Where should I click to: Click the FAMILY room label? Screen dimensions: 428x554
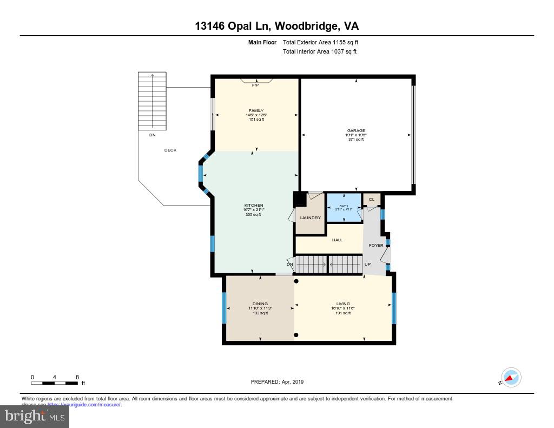tap(256, 110)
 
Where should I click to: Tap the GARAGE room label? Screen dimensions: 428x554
tap(356, 130)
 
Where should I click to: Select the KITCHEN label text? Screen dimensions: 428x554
tap(254, 206)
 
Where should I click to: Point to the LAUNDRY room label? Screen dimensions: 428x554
tap(311, 218)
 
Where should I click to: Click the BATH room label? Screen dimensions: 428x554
tap(344, 206)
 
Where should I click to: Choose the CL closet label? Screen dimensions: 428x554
tap(372, 200)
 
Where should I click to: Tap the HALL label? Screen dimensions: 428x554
tap(338, 240)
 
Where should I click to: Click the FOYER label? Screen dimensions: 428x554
tap(376, 245)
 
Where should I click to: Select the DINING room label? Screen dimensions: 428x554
tap(260, 304)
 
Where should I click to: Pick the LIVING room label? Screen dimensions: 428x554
tap(343, 304)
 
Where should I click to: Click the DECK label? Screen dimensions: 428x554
tap(170, 150)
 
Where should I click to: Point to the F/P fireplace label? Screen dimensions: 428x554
tap(255, 85)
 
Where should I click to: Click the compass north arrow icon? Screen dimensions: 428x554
tap(511, 377)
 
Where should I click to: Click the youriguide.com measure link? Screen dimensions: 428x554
tap(84, 404)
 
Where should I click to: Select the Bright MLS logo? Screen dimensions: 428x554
tap(35, 416)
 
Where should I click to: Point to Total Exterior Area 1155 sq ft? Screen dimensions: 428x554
tap(321, 42)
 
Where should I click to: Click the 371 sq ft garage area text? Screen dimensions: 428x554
tap(356, 140)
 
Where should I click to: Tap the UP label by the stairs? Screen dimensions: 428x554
tap(367, 264)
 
